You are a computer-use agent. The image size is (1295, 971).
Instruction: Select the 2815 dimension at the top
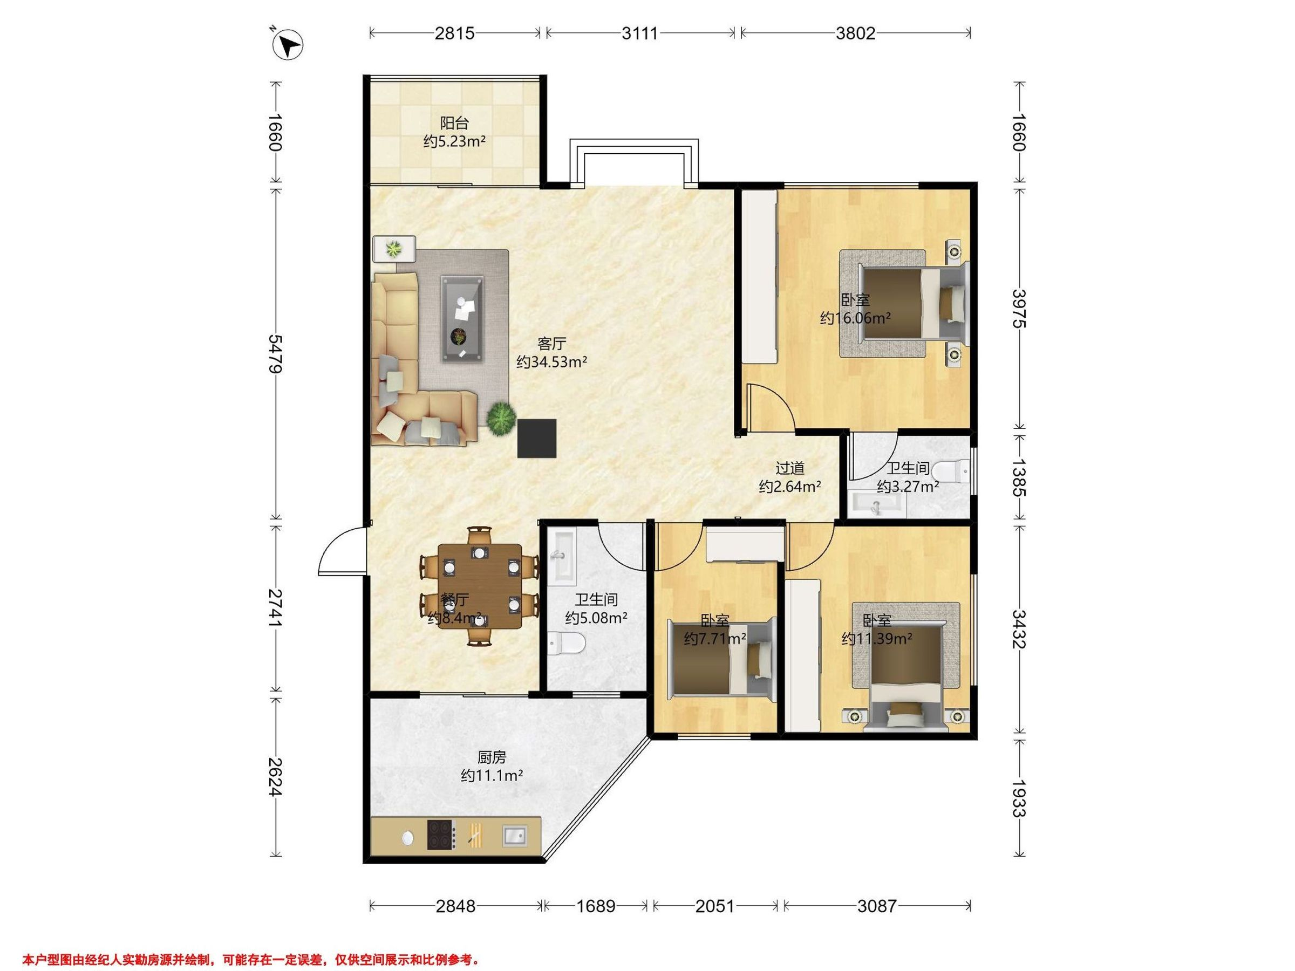[454, 33]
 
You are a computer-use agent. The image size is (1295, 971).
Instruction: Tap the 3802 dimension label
[855, 33]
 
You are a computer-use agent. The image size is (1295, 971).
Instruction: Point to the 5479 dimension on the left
[275, 353]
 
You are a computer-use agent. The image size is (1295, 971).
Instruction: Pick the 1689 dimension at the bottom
[596, 907]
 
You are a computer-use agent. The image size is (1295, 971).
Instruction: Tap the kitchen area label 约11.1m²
[492, 776]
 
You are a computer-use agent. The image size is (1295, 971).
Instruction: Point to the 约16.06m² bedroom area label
[855, 318]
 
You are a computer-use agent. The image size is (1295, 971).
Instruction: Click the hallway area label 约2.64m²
[790, 487]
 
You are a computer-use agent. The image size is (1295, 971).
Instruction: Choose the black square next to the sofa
[536, 439]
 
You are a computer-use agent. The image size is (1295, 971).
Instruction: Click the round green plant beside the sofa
[501, 419]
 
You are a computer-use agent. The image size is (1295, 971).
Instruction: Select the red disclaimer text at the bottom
[251, 959]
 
